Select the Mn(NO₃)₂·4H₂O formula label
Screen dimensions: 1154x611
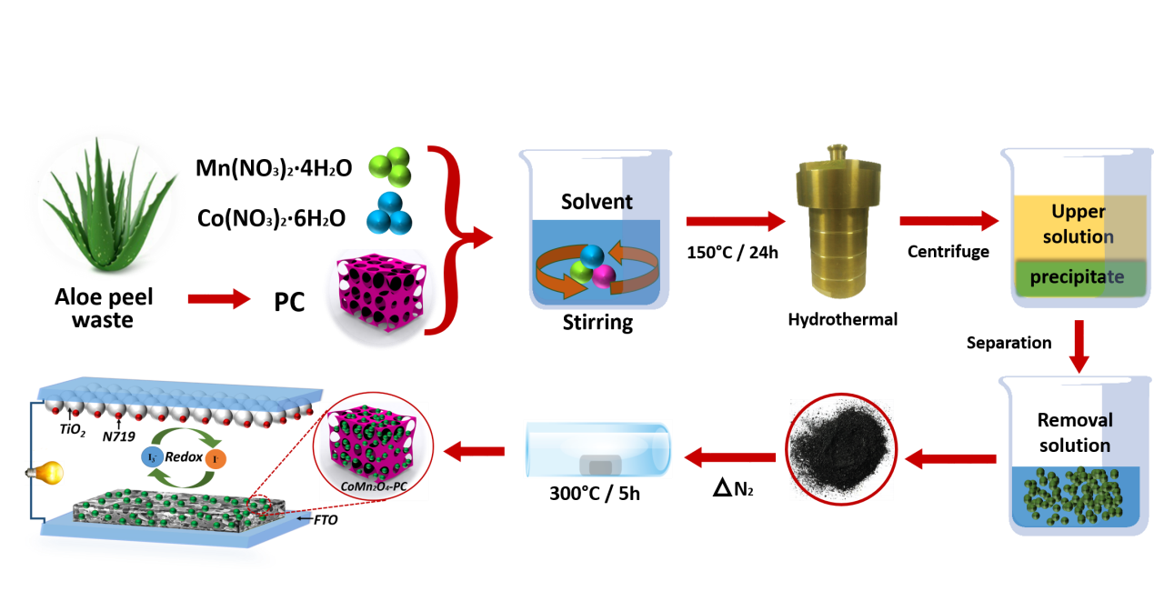(274, 168)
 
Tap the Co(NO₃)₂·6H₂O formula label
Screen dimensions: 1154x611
(272, 218)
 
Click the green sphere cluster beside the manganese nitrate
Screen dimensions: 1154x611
(390, 166)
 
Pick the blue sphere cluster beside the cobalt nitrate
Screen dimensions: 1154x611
(389, 214)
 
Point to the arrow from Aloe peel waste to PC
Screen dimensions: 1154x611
(219, 299)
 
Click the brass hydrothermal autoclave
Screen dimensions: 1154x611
(838, 222)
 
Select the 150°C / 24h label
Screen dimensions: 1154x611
(732, 253)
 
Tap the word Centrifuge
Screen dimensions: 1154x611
(948, 252)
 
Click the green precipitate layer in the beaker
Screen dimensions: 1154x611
(1080, 277)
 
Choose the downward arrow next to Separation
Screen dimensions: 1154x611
(1079, 346)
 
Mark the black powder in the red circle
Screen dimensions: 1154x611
(841, 449)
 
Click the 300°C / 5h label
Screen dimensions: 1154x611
(595, 494)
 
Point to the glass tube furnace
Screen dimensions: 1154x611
(597, 449)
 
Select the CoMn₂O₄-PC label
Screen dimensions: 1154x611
(374, 486)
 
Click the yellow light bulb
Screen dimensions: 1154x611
(46, 473)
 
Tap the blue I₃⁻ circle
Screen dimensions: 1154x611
(152, 457)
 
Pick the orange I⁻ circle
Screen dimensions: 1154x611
(216, 459)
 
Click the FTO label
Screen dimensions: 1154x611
(326, 520)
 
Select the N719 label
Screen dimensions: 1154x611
(118, 436)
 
